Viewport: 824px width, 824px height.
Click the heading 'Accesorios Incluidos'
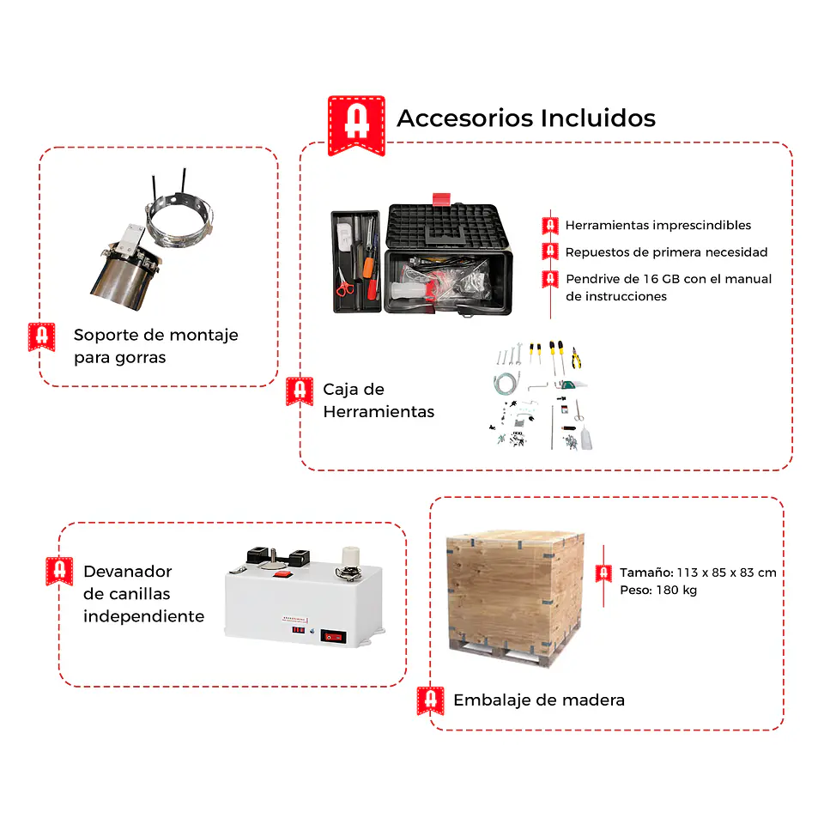tap(526, 118)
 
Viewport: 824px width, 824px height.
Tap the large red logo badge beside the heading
tap(356, 125)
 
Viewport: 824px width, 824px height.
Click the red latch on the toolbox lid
tap(441, 199)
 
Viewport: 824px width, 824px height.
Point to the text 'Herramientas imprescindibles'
tap(658, 226)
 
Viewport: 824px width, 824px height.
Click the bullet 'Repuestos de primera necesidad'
tap(666, 252)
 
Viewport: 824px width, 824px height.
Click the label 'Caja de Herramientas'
tap(379, 401)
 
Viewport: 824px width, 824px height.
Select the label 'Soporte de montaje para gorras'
tap(155, 346)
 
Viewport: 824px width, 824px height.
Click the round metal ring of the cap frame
tap(179, 221)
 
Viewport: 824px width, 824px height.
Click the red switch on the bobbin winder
tap(283, 574)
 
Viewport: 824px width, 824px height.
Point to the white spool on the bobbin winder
tap(350, 556)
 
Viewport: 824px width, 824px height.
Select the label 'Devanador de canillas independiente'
tap(143, 594)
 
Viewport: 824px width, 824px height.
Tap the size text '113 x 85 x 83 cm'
tap(726, 573)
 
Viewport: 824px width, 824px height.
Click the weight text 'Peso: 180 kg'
tap(658, 591)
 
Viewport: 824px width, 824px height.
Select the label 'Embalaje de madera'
tap(539, 700)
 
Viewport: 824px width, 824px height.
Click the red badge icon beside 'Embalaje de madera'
tap(430, 700)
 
